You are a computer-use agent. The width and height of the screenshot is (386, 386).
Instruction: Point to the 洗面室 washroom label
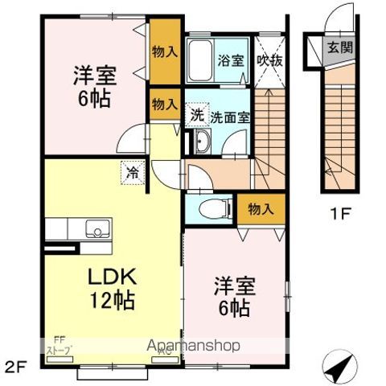[x=231, y=117]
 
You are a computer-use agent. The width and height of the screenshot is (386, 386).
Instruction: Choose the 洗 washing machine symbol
[x=196, y=114]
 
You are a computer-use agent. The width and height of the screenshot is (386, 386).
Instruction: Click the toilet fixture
[x=212, y=206]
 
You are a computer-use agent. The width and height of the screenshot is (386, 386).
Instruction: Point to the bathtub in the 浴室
[x=201, y=61]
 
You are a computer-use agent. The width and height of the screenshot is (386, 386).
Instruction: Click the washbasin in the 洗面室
[x=200, y=144]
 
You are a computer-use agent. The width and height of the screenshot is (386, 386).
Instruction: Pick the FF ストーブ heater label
[x=61, y=346]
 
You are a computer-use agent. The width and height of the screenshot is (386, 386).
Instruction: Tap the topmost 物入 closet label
[x=165, y=52]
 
